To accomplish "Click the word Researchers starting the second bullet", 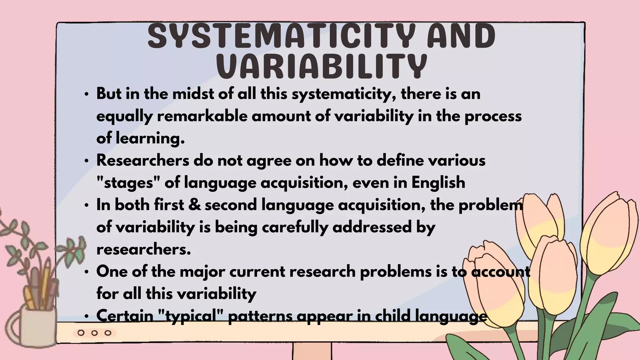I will click(142, 161).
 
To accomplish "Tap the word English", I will click(438, 183).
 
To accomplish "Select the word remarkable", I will click(202, 116).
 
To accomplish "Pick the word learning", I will click(150, 138).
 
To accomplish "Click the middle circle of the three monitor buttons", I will click(94, 333).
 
